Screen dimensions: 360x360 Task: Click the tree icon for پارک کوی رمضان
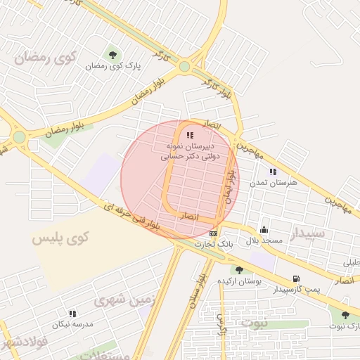pos(112,55)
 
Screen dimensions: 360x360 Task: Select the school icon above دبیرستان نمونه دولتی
pos(189,135)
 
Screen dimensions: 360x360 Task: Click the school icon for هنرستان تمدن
pos(273,172)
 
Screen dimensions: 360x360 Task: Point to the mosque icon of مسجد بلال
pos(264,229)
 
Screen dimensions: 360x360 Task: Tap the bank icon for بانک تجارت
pos(214,233)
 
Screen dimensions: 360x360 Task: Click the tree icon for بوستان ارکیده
pos(239,269)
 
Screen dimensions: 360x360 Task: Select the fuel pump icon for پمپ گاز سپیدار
pos(295,278)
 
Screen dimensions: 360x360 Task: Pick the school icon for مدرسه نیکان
pos(72,314)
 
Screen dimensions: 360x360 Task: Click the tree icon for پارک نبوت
pos(345,315)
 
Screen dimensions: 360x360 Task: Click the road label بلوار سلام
pos(195,290)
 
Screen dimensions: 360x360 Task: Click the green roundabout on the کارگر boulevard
pos(184,67)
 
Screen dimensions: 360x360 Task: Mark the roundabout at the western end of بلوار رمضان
pos(20,136)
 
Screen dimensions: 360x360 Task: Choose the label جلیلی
pos(349,263)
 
